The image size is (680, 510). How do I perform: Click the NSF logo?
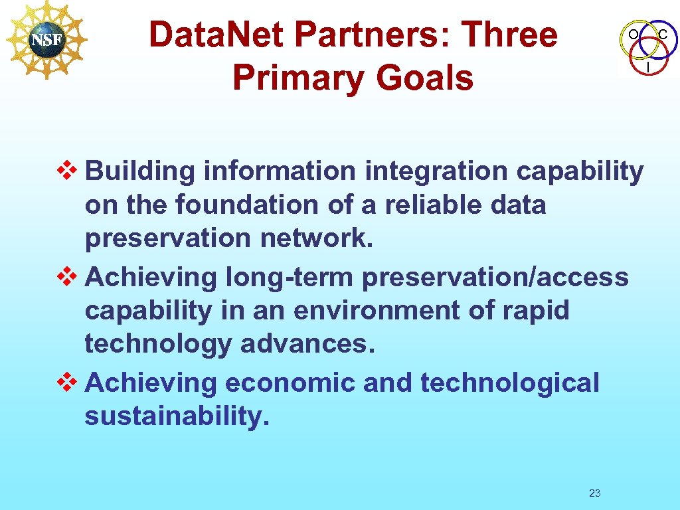pyautogui.click(x=46, y=40)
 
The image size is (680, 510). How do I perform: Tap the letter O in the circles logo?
pyautogui.click(x=633, y=33)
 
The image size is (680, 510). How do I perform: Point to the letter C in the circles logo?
pyautogui.click(x=663, y=33)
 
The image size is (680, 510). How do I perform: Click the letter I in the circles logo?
pyautogui.click(x=648, y=66)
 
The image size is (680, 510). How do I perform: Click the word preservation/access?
pyautogui.click(x=495, y=278)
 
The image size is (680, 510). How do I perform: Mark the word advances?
pyautogui.click(x=307, y=345)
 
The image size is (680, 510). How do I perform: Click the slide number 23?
pyautogui.click(x=594, y=493)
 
